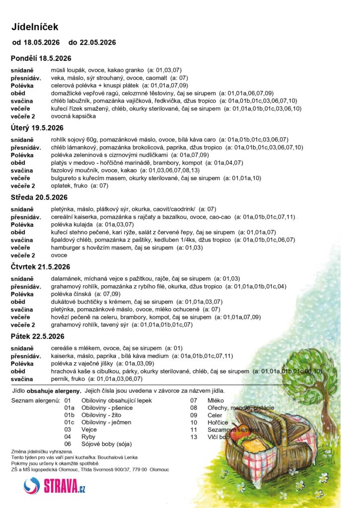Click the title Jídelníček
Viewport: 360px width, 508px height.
click(35, 27)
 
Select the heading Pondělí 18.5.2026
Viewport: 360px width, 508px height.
click(41, 59)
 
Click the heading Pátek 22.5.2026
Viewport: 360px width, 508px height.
click(38, 336)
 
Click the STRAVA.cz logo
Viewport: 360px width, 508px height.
click(55, 485)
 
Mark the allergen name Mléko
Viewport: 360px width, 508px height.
click(216, 400)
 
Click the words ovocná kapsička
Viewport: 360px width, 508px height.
click(73, 116)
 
